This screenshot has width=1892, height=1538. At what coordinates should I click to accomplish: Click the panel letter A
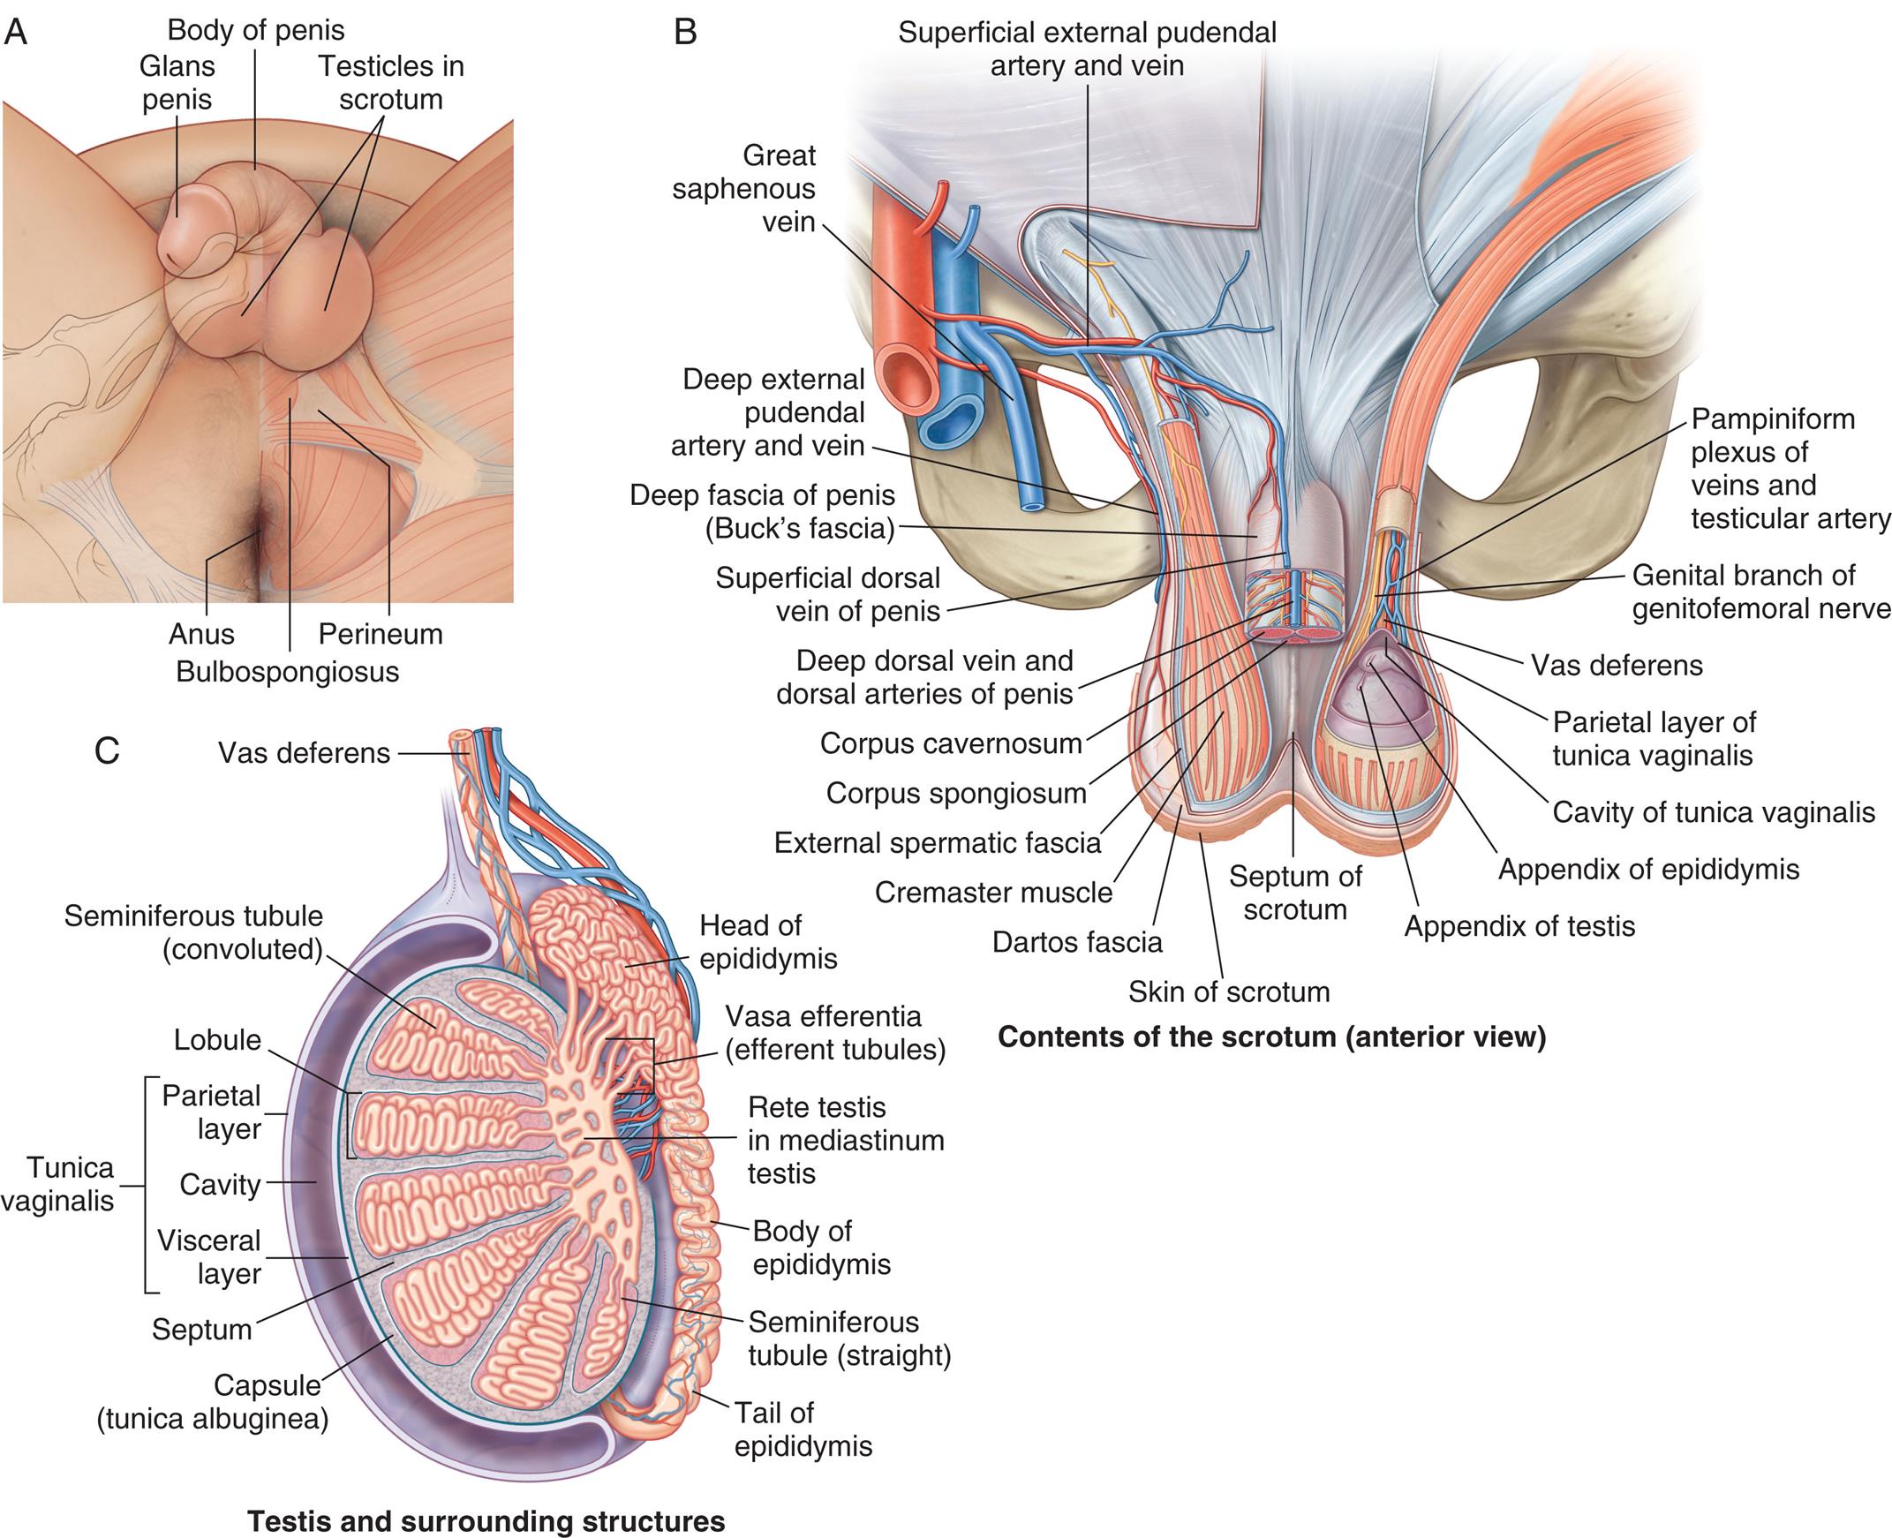point(16,33)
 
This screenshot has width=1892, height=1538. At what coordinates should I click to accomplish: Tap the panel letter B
point(685,33)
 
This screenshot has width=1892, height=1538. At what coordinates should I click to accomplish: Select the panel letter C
point(106,751)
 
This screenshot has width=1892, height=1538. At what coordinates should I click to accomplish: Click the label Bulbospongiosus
point(287,672)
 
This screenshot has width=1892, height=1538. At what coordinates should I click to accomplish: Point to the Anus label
point(202,634)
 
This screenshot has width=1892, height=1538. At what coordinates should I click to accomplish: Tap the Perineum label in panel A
point(380,634)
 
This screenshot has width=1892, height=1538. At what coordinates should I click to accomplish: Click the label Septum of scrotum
point(1295,893)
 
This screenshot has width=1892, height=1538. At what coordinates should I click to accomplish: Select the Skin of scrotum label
point(1229,991)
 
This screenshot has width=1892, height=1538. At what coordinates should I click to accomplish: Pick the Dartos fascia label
point(1076,942)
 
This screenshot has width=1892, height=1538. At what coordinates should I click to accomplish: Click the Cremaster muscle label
point(993,892)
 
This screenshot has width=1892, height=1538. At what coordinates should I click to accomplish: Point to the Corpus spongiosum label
point(956,793)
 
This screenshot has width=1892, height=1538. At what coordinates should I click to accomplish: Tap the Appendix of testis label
point(1519,926)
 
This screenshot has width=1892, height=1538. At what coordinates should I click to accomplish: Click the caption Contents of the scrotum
point(1271,1037)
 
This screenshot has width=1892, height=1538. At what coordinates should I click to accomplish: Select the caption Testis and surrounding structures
point(486,1521)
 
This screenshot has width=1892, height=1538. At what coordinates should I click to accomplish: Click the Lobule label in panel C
point(217,1039)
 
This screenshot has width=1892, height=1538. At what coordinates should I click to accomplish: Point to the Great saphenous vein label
point(743,188)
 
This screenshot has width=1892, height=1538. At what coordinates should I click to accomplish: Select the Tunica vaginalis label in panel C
point(59,1185)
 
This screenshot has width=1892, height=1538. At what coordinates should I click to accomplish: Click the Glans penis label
point(177,82)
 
